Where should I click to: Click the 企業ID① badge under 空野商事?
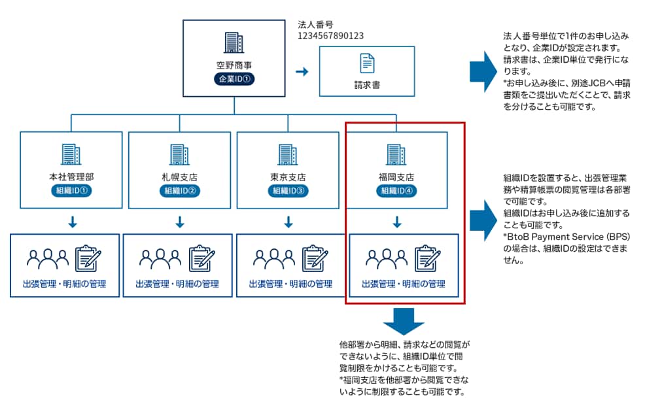coord(234,79)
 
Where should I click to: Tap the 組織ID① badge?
coord(71,191)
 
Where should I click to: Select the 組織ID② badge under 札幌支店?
coord(180,191)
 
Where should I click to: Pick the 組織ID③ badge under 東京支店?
coord(288,191)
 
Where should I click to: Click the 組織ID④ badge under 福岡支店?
coord(397,191)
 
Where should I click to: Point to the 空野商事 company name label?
coord(234,65)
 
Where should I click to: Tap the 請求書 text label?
coord(367,84)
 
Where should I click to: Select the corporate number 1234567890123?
coord(330,36)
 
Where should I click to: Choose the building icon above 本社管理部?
coord(71,154)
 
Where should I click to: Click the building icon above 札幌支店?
coord(180,154)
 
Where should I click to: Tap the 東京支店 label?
coord(288,177)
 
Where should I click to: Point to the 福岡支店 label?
coord(397,177)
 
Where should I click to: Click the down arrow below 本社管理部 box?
coord(72,223)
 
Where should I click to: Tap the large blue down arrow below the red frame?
coord(404,320)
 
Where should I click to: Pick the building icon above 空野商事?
coord(234,42)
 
